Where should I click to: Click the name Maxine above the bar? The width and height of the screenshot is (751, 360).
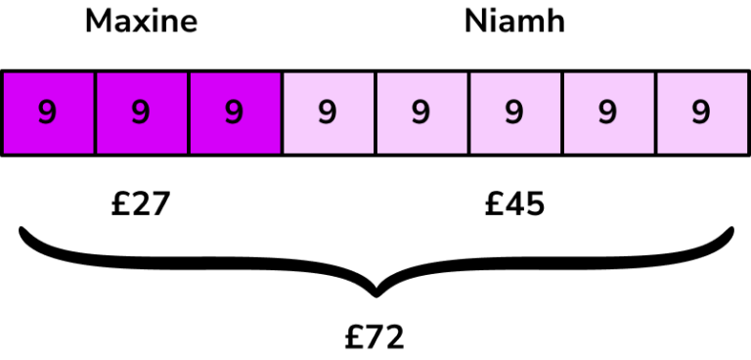[x=141, y=22]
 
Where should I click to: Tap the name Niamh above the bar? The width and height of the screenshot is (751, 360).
[x=514, y=22]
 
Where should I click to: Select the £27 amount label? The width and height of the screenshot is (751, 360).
[x=141, y=203]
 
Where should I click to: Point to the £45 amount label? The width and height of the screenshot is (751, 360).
[x=514, y=203]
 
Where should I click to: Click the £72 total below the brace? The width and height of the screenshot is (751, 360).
[x=375, y=337]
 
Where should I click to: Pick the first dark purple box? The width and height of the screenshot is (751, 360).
[x=48, y=112]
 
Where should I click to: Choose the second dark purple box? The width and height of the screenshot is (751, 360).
[x=141, y=112]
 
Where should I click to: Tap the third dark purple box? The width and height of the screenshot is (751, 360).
[x=235, y=112]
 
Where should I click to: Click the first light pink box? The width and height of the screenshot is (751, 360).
[x=328, y=112]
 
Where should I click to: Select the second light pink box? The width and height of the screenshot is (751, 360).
[x=421, y=112]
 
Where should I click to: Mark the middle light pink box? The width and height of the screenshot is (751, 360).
[x=514, y=112]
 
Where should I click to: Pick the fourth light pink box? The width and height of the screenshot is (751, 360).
[x=607, y=112]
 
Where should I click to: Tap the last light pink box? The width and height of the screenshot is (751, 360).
[x=700, y=112]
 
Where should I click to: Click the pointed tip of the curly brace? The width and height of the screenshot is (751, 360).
[x=375, y=293]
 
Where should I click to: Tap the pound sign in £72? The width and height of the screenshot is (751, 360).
[x=354, y=337]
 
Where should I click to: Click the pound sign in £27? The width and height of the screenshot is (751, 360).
[x=120, y=203]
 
